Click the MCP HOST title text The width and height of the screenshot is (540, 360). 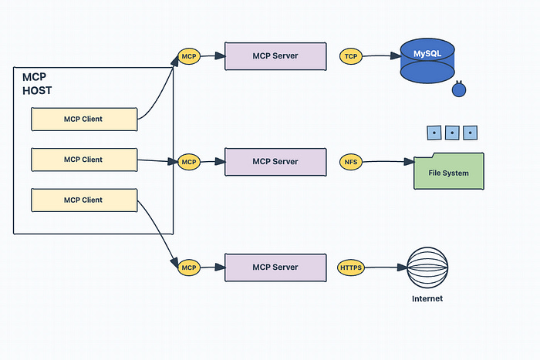(37, 83)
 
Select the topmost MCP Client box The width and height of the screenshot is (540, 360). (84, 119)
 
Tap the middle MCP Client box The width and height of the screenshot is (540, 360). (84, 160)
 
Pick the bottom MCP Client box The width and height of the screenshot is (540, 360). (84, 200)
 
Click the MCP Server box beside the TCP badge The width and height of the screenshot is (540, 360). (275, 56)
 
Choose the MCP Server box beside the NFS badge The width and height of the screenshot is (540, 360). (275, 162)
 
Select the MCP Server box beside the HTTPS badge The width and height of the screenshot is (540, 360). (275, 267)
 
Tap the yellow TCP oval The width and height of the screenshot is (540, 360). (351, 56)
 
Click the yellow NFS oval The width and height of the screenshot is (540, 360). (351, 162)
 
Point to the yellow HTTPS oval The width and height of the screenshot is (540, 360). (351, 267)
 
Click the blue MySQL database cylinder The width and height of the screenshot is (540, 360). (427, 61)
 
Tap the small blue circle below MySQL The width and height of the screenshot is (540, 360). (459, 89)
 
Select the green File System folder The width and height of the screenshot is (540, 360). (449, 171)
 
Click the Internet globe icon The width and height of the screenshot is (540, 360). (427, 267)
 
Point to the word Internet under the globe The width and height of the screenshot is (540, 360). (427, 299)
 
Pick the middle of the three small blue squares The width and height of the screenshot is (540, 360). (452, 133)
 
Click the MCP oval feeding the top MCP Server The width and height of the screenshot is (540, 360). (189, 56)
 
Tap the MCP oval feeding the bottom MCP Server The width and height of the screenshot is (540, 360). (189, 267)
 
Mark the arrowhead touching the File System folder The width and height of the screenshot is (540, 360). (409, 161)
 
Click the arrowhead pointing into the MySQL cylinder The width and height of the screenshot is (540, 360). (396, 56)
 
